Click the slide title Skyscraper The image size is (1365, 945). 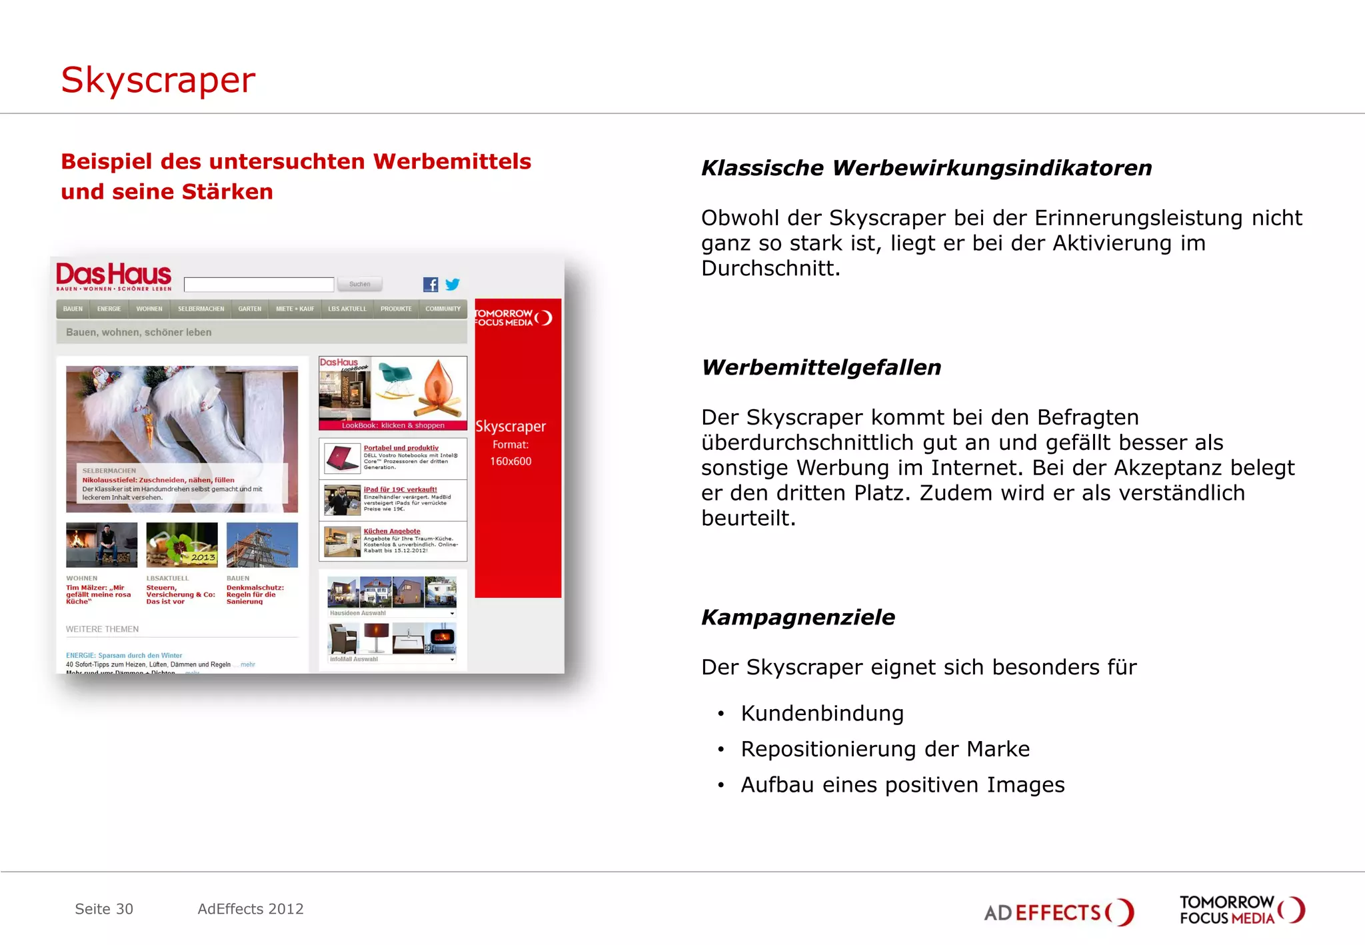(158, 81)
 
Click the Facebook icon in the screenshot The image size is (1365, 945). (431, 285)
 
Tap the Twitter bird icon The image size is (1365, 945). (453, 285)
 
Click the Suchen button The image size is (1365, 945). (359, 285)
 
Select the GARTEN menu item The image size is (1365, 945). (250, 309)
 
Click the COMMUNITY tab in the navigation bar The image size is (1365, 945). (443, 309)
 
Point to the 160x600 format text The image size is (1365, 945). (511, 461)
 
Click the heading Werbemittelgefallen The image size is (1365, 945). (821, 367)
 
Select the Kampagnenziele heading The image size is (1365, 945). (798, 617)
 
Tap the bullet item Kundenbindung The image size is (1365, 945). (822, 713)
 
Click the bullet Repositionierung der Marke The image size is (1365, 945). (885, 749)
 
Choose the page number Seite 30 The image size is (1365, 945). (104, 909)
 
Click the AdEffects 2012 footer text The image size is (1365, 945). (251, 909)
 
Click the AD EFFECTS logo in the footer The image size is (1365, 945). (1058, 912)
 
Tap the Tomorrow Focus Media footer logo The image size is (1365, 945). (1242, 910)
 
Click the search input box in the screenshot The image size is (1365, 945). (259, 285)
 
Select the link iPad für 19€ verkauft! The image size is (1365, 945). (400, 489)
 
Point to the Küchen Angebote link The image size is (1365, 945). (392, 531)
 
